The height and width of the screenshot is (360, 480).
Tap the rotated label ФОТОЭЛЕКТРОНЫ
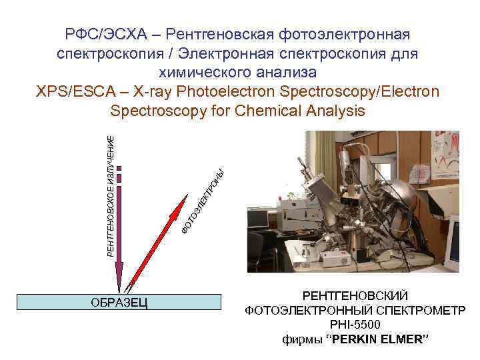coord(206,201)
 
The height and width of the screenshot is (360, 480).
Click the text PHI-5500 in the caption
coord(355,325)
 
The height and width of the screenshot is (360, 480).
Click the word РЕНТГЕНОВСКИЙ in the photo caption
coord(355,295)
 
